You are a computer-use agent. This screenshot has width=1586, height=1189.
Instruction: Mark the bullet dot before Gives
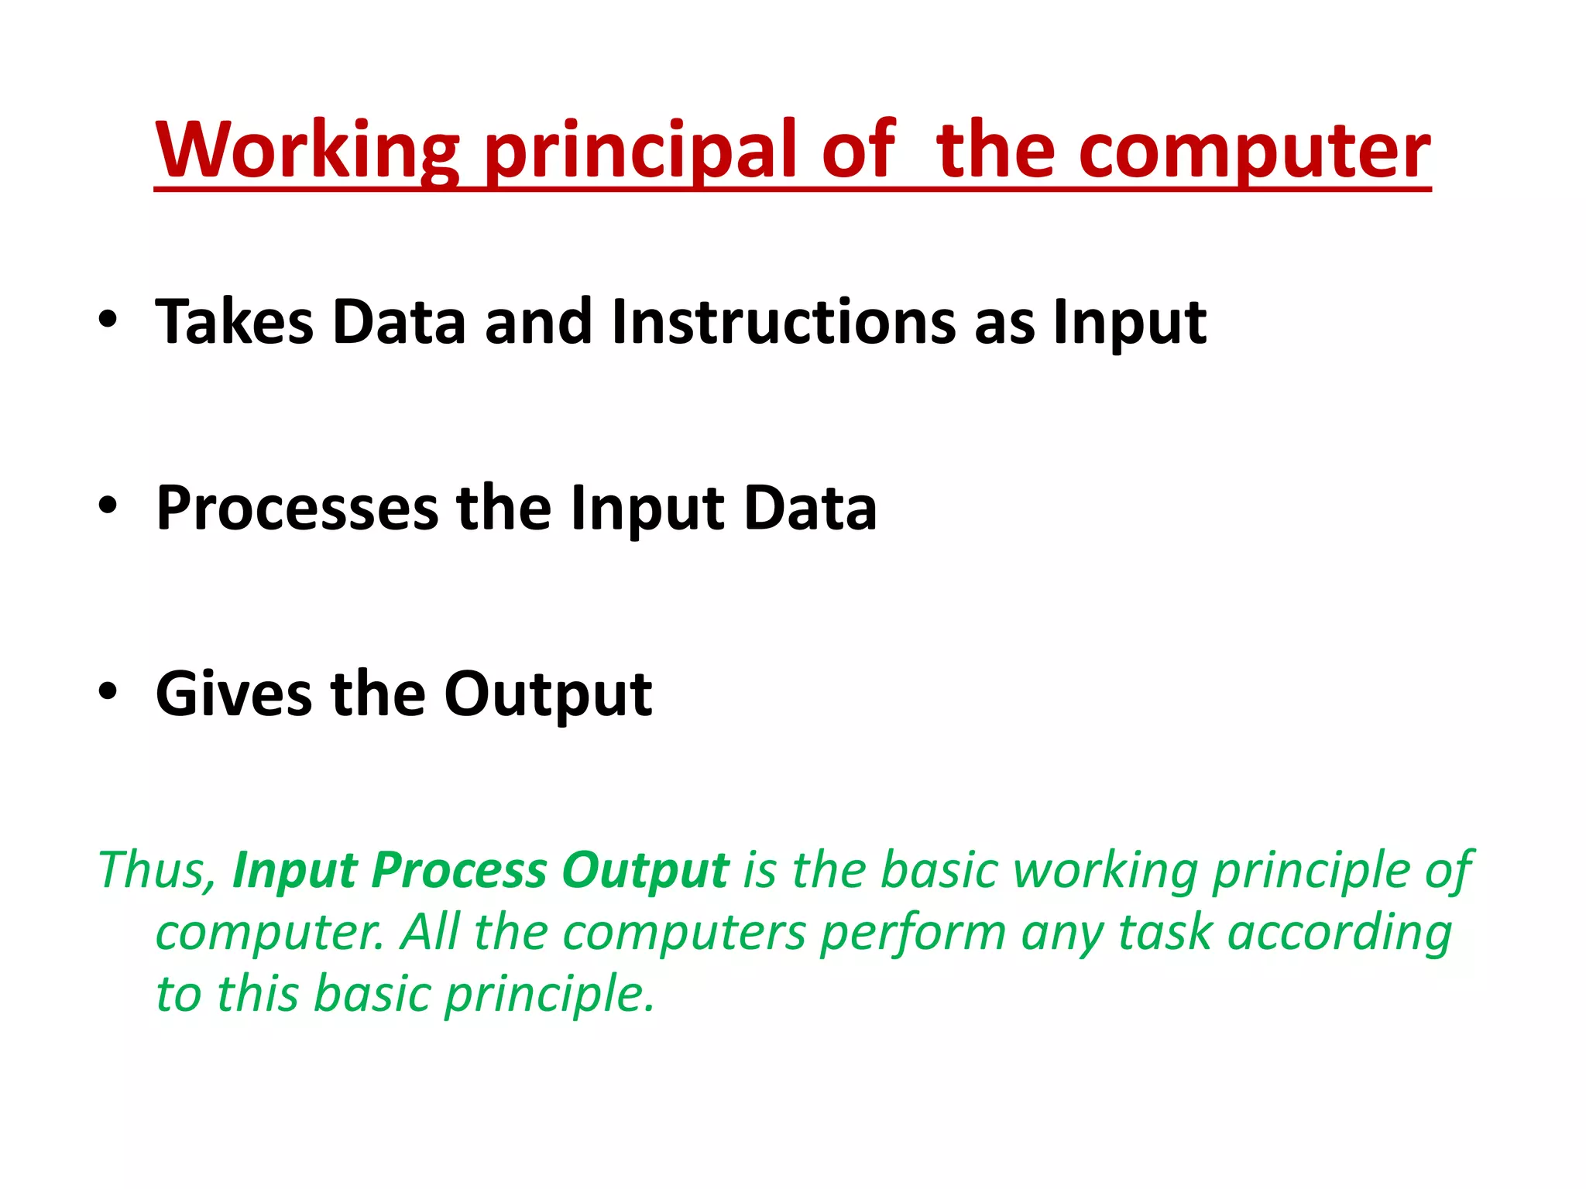(x=108, y=691)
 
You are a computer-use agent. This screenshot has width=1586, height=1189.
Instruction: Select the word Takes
(x=234, y=321)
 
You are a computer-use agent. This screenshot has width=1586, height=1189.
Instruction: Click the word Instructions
(x=783, y=321)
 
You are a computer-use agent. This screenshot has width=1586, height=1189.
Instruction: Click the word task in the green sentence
(x=1165, y=932)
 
